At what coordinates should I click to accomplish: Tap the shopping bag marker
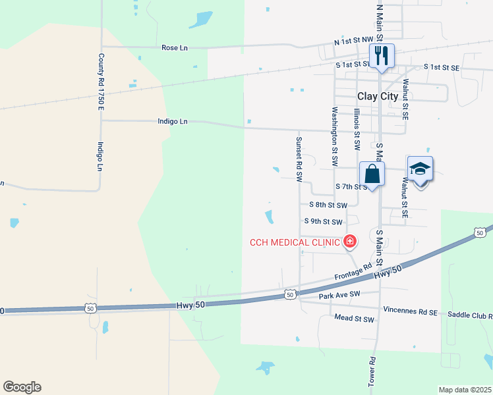coord(372,174)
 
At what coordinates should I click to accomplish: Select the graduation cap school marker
coord(420,169)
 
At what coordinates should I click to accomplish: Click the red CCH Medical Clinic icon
coord(349,242)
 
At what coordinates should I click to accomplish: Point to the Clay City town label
coord(378,96)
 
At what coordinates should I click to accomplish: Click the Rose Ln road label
coord(175,47)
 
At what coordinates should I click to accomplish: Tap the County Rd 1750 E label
coord(101,82)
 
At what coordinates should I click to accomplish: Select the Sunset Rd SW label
coord(299,159)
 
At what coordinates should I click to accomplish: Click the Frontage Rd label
coord(353,270)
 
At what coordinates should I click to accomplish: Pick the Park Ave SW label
coord(340,295)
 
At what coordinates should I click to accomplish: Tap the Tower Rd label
coord(372,371)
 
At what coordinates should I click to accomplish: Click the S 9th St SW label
coord(323,223)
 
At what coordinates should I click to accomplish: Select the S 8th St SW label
coord(328,205)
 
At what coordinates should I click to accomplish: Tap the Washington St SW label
coord(335,136)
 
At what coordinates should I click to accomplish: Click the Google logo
coord(22,387)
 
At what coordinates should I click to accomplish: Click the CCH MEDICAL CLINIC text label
coord(294,242)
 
